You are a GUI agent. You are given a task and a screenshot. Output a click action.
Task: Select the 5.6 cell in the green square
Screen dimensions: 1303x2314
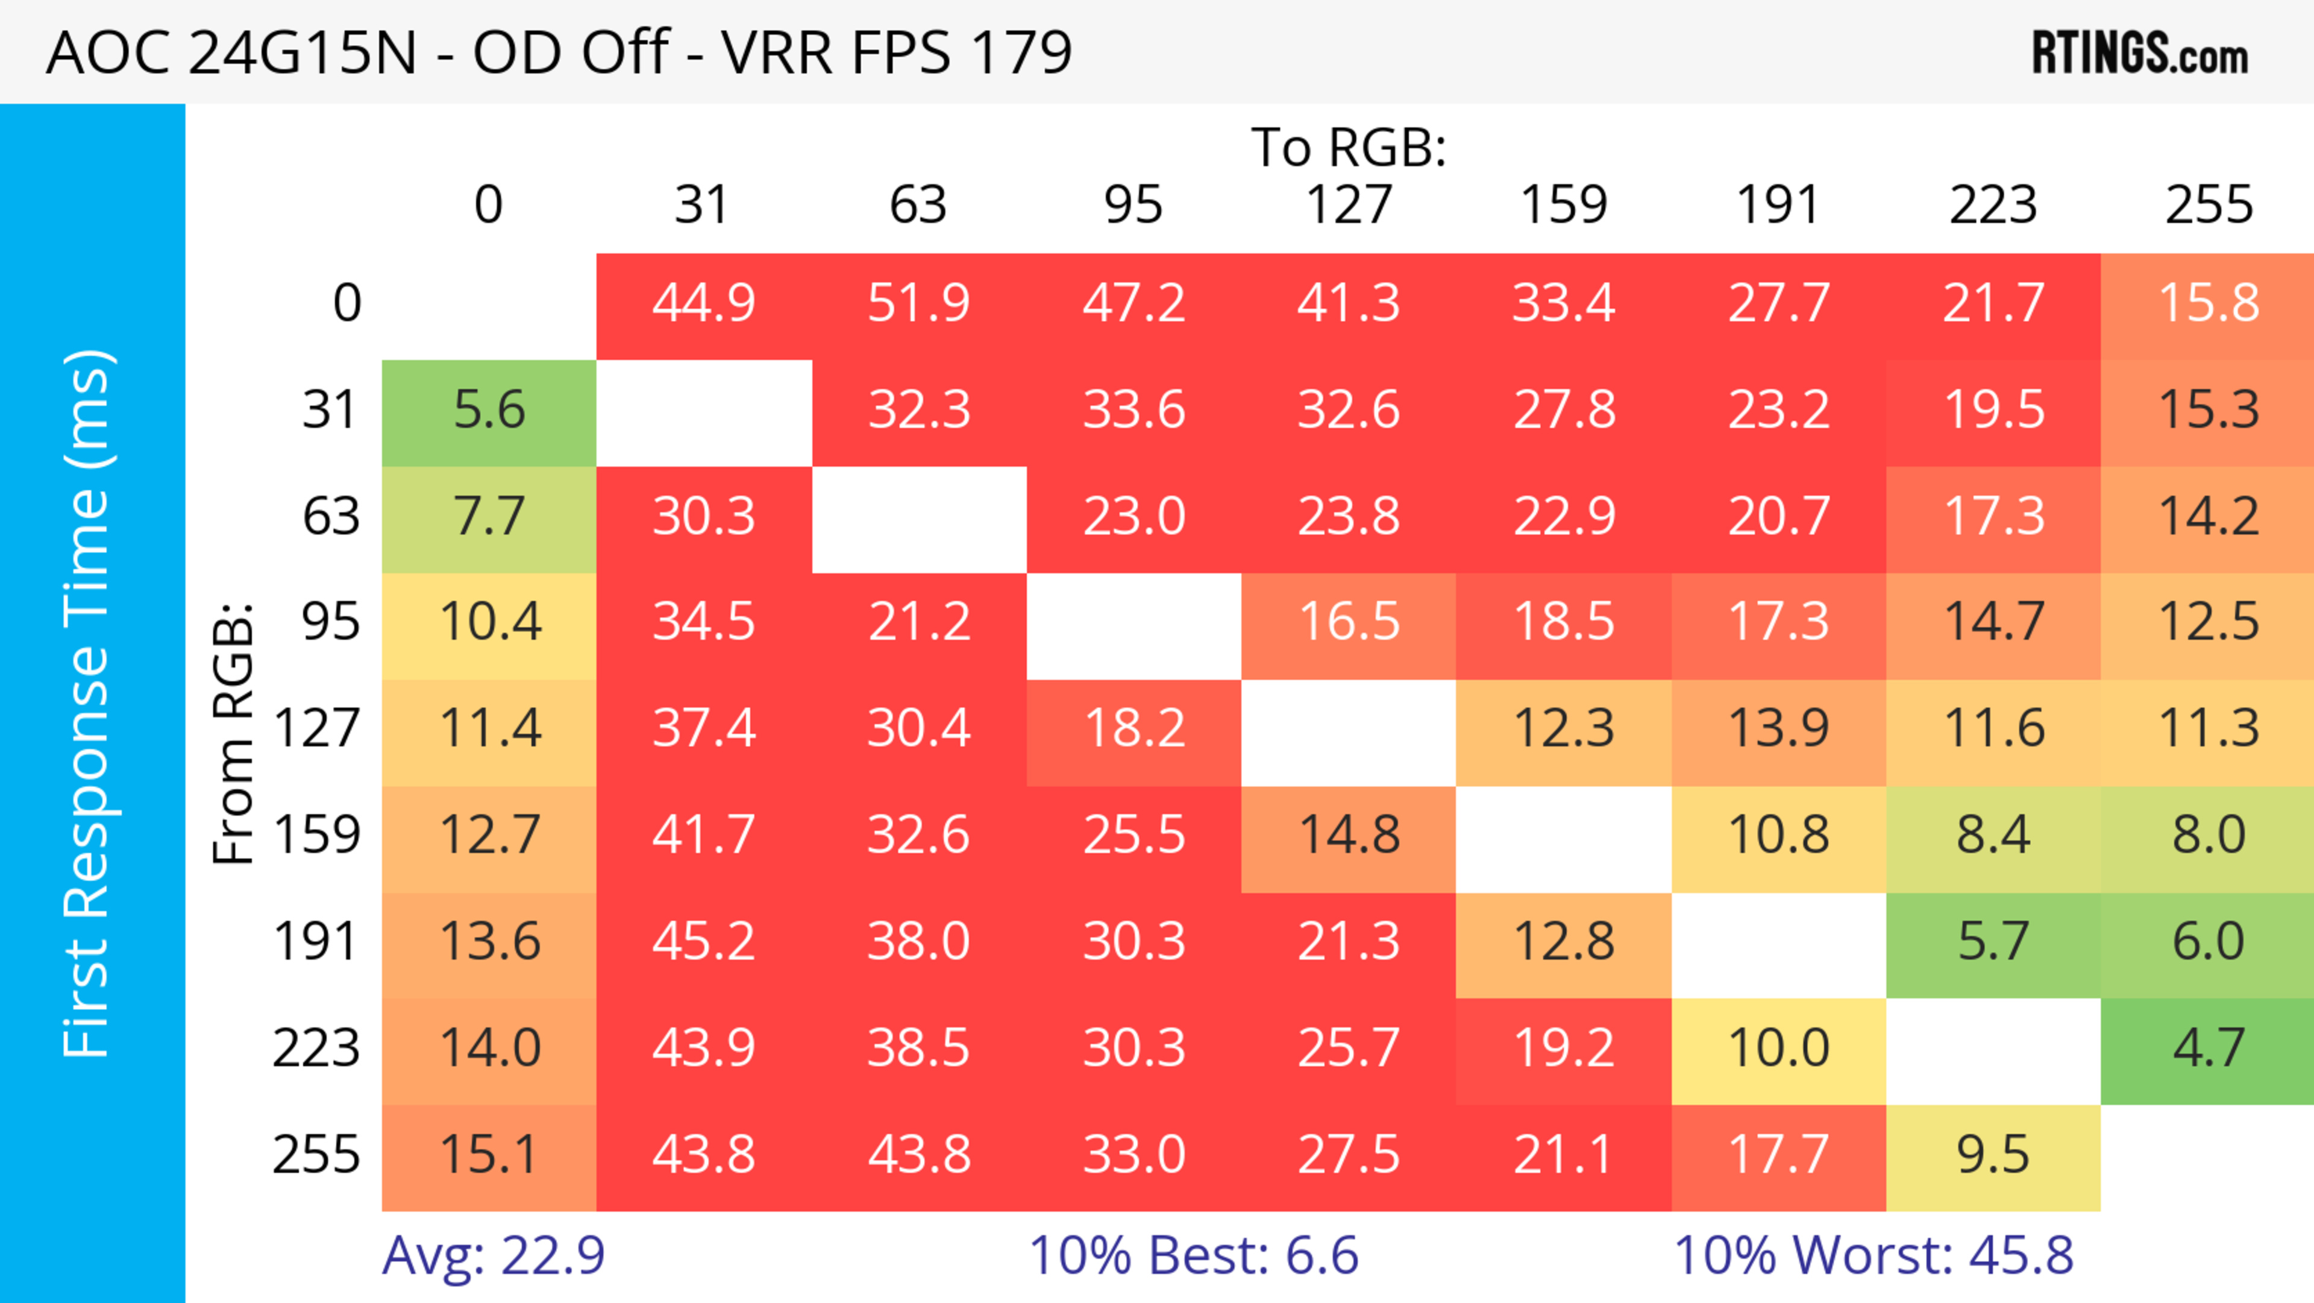[489, 411]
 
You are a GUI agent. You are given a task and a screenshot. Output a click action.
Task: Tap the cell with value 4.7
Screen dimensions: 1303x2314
[2208, 1049]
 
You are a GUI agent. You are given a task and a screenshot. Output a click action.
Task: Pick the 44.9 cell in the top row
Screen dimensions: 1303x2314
[703, 304]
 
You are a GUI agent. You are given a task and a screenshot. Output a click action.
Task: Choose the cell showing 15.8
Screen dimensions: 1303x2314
[2208, 304]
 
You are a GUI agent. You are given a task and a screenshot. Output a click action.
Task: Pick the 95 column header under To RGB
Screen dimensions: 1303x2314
[1133, 205]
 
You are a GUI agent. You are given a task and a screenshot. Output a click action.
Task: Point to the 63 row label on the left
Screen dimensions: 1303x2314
[331, 517]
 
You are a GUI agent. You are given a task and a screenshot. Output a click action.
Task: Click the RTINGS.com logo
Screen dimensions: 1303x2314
[2140, 54]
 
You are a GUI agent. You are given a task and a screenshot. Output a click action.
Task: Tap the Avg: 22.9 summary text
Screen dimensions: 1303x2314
[493, 1255]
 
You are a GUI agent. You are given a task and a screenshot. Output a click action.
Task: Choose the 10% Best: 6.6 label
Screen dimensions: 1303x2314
[1193, 1255]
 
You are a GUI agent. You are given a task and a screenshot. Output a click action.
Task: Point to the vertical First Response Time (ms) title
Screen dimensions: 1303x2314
[88, 702]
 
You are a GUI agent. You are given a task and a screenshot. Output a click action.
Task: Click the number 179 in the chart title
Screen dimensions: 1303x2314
[1021, 52]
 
